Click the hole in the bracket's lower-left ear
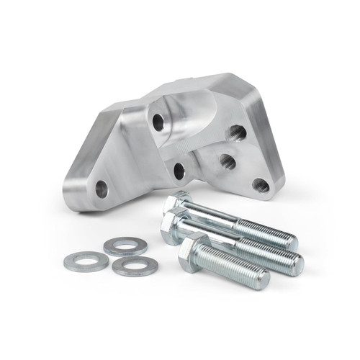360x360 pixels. click(x=102, y=189)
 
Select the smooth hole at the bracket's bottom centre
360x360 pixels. click(x=179, y=171)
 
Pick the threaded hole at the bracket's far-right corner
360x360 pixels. click(x=261, y=185)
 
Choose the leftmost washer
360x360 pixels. click(x=86, y=261)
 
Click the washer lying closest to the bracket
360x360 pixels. click(x=125, y=247)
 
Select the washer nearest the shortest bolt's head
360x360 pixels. click(x=132, y=266)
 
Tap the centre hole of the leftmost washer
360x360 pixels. click(x=86, y=261)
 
